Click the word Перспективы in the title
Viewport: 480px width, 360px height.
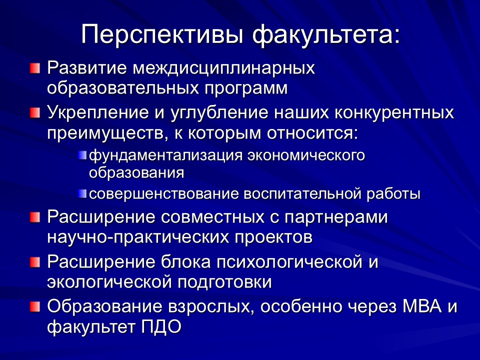point(162,34)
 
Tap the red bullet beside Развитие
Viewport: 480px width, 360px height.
point(35,68)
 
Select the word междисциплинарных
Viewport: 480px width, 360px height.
point(223,68)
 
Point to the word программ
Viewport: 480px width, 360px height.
point(246,89)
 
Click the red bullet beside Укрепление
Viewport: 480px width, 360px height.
point(35,113)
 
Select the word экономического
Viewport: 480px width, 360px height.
point(306,155)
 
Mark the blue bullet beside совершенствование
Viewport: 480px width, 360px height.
point(82,193)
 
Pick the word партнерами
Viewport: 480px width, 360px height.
point(336,217)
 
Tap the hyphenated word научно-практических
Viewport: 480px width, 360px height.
point(138,237)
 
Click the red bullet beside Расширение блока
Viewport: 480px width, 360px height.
point(35,262)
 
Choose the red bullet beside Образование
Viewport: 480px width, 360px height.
point(35,307)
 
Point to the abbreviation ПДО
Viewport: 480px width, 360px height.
point(161,327)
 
